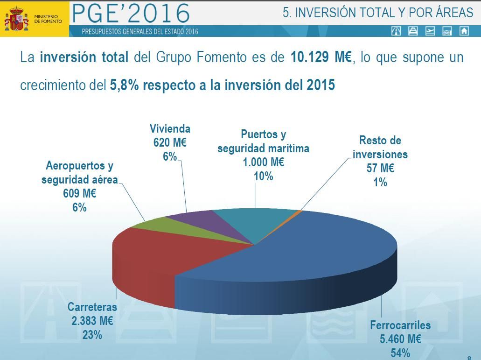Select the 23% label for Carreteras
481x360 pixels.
pyautogui.click(x=92, y=335)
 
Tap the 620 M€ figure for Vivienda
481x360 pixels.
pyautogui.click(x=170, y=143)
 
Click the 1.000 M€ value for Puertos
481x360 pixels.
pyautogui.click(x=263, y=162)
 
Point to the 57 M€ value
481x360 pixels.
pyautogui.click(x=380, y=168)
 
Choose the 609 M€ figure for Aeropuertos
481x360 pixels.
pyautogui.click(x=79, y=193)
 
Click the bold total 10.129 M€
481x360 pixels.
pyautogui.click(x=321, y=58)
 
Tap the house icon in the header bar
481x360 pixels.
pyautogui.click(x=464, y=31)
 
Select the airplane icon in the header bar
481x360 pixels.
pyautogui.click(x=430, y=31)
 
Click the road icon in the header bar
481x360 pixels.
pyautogui.click(x=396, y=31)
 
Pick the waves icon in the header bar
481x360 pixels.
pyautogui.click(x=447, y=31)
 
